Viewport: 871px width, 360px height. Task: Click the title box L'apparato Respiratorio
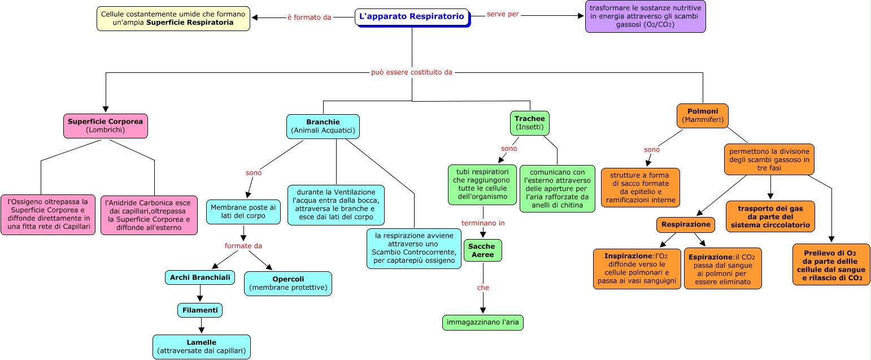pyautogui.click(x=412, y=17)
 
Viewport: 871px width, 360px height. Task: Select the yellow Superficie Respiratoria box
pyautogui.click(x=173, y=18)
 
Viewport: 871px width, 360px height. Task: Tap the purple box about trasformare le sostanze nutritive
pyautogui.click(x=645, y=16)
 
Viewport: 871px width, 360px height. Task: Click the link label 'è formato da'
pyautogui.click(x=309, y=18)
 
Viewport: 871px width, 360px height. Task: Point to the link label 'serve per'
pyautogui.click(x=503, y=14)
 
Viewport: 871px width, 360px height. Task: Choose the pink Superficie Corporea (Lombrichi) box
pyautogui.click(x=106, y=125)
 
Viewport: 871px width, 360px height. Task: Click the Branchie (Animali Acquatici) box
pyautogui.click(x=323, y=126)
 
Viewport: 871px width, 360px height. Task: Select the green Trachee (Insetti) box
pyautogui.click(x=530, y=123)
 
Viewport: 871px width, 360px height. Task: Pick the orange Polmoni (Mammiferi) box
pyautogui.click(x=702, y=116)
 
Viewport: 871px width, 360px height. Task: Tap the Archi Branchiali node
pyautogui.click(x=200, y=277)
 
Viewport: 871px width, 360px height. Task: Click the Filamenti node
pyautogui.click(x=200, y=310)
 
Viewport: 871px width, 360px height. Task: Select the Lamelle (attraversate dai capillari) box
pyautogui.click(x=202, y=347)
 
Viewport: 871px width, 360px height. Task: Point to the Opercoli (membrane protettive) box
pyautogui.click(x=288, y=284)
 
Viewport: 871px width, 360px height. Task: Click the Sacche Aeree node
pyautogui.click(x=483, y=250)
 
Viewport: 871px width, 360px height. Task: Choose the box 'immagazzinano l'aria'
pyautogui.click(x=483, y=323)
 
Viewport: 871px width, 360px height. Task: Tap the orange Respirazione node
pyautogui.click(x=686, y=224)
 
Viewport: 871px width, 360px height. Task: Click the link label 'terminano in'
pyautogui.click(x=483, y=223)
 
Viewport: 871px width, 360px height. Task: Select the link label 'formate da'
pyautogui.click(x=243, y=246)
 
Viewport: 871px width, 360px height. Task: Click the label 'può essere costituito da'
pyautogui.click(x=412, y=72)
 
